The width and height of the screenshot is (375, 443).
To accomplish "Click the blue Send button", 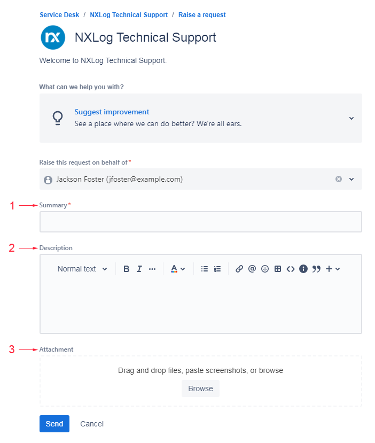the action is (x=54, y=424).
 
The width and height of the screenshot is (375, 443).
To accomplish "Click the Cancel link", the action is (x=92, y=424).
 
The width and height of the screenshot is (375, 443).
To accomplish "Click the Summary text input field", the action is (x=200, y=222).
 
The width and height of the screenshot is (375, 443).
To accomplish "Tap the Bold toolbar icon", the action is (x=126, y=269).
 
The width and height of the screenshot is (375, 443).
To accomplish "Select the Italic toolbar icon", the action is (x=139, y=269).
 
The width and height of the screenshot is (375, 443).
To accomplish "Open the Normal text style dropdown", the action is (x=82, y=269).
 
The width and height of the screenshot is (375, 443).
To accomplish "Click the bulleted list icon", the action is (x=205, y=269).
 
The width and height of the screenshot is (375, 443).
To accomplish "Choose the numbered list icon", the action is (x=217, y=269).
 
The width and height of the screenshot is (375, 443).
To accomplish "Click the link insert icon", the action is (x=239, y=269).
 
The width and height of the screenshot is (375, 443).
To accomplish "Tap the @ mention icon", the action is (x=252, y=269).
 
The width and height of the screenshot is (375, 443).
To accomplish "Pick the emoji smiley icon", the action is (x=265, y=269).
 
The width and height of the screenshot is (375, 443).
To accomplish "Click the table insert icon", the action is (x=278, y=269).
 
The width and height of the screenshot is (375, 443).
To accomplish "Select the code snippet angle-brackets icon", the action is (x=290, y=269).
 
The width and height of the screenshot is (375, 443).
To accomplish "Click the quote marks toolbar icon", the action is (x=316, y=269).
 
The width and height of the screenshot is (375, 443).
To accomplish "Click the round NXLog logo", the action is (x=53, y=37).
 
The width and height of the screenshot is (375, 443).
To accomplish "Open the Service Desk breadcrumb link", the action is (x=59, y=14).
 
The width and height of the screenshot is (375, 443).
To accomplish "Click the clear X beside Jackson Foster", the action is (x=339, y=179).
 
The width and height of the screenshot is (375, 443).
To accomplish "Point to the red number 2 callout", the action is (x=12, y=248).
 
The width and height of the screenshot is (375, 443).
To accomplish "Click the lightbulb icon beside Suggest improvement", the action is (x=58, y=118).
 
